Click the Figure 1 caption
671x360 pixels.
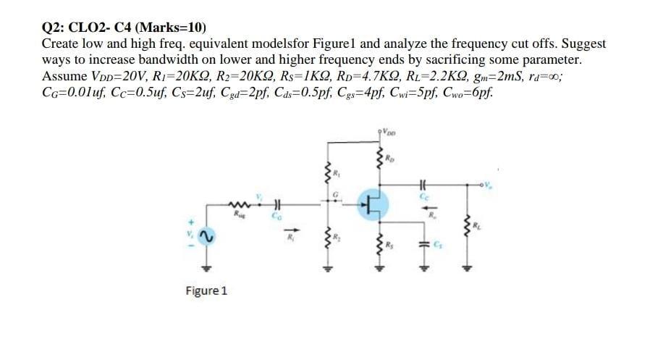(x=206, y=291)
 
